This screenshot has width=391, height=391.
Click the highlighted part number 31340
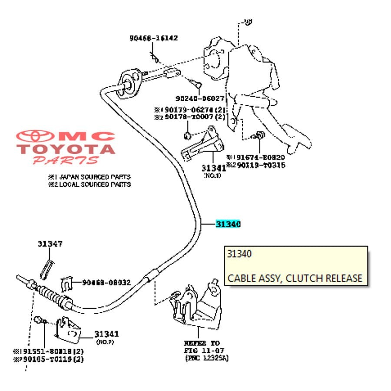(228, 224)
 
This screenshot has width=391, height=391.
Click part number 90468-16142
(153, 38)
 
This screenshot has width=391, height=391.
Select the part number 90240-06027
(200, 99)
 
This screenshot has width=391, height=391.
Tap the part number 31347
(50, 244)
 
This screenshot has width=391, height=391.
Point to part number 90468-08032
(106, 282)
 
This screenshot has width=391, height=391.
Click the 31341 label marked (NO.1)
(213, 168)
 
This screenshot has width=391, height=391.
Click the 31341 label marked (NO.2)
(106, 334)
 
